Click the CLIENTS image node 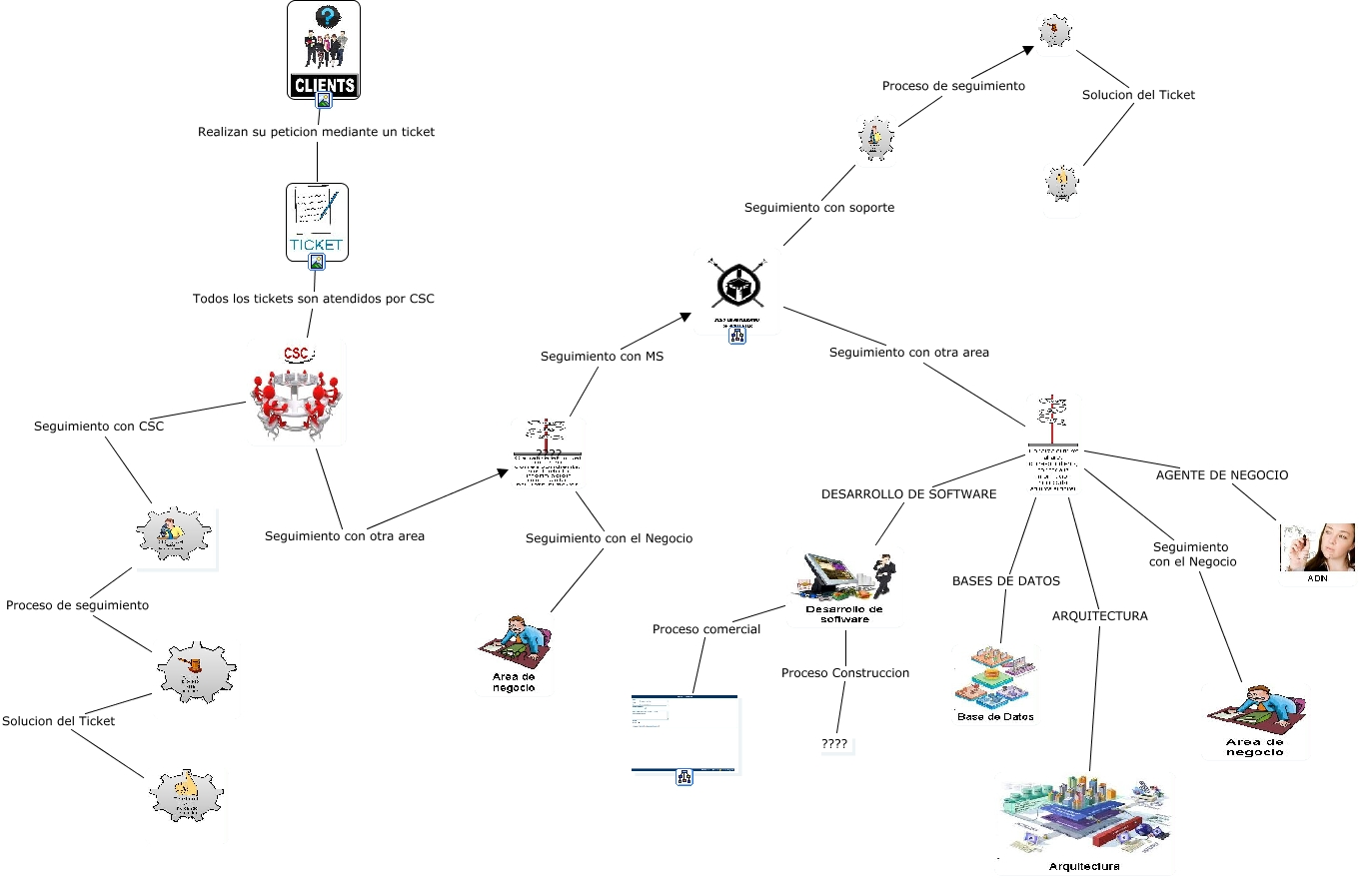coord(323,50)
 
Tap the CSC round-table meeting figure coord(297,394)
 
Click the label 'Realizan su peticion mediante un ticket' coord(316,132)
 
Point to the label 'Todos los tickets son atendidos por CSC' coord(313,298)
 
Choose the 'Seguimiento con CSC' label coord(99,427)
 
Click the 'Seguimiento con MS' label coord(602,356)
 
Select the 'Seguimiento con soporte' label coord(818,208)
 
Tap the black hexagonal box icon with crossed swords coord(739,288)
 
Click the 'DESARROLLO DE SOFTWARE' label coord(908,493)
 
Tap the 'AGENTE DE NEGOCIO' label coord(1221,475)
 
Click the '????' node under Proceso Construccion coord(834,744)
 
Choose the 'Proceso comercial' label coord(705,629)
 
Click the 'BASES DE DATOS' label coord(1005,580)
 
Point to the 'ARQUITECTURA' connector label coord(1099,616)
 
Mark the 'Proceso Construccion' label coord(845,673)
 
